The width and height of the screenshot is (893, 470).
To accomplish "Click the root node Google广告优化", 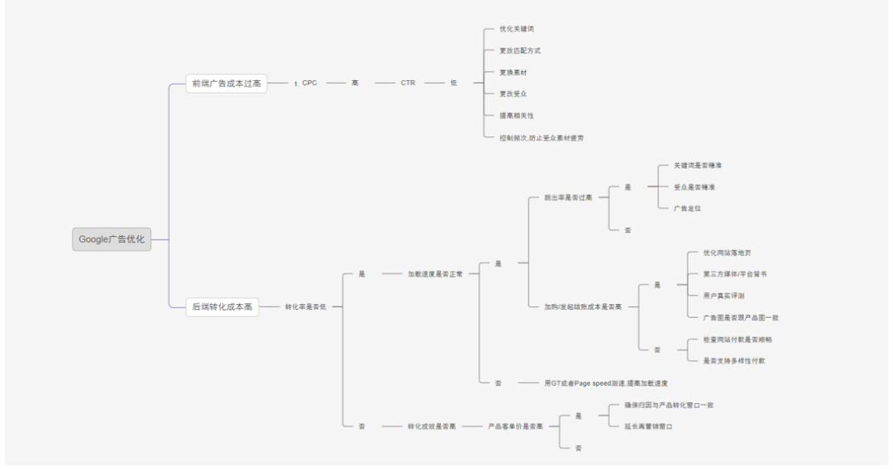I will (112, 240).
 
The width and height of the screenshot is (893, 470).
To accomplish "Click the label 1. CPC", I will (305, 83).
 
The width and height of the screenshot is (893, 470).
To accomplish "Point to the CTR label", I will (408, 83).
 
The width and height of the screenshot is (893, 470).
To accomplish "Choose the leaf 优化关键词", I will (516, 29).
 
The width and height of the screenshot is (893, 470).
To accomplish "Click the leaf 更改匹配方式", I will (520, 50).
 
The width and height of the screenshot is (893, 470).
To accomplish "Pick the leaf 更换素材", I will (513, 73).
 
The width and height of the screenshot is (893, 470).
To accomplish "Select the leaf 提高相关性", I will (516, 116).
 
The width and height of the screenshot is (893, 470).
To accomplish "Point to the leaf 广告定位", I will (688, 207).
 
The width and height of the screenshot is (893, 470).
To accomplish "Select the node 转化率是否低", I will (306, 306).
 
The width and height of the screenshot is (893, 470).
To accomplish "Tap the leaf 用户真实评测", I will (723, 295).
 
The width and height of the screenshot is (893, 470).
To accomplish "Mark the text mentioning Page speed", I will (605, 383).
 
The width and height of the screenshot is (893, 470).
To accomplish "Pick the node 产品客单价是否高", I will (515, 426).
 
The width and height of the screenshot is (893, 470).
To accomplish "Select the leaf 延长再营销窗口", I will (648, 426).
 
